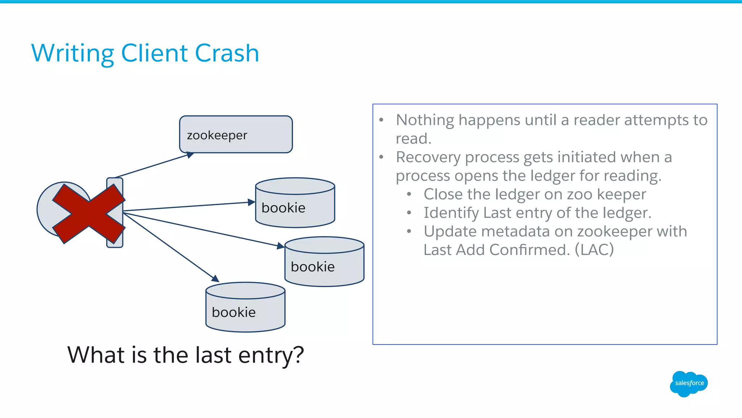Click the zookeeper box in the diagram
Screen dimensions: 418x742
pos(236,134)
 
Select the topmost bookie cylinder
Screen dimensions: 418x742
pos(295,203)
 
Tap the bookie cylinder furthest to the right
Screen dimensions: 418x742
pos(324,262)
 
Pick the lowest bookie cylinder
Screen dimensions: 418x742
pos(245,307)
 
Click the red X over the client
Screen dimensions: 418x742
pos(89,214)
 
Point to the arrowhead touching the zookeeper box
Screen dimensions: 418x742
pos(190,155)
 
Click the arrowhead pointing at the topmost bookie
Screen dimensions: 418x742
pos(251,202)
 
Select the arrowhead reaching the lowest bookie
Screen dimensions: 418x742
pos(215,278)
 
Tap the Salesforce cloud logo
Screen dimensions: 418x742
pos(689,384)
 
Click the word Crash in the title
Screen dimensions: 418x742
pos(227,53)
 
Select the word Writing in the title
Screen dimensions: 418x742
pos(72,53)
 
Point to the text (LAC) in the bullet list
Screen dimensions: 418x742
pos(594,250)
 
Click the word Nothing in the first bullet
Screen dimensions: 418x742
pos(425,120)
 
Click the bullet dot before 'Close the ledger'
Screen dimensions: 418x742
pos(409,195)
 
